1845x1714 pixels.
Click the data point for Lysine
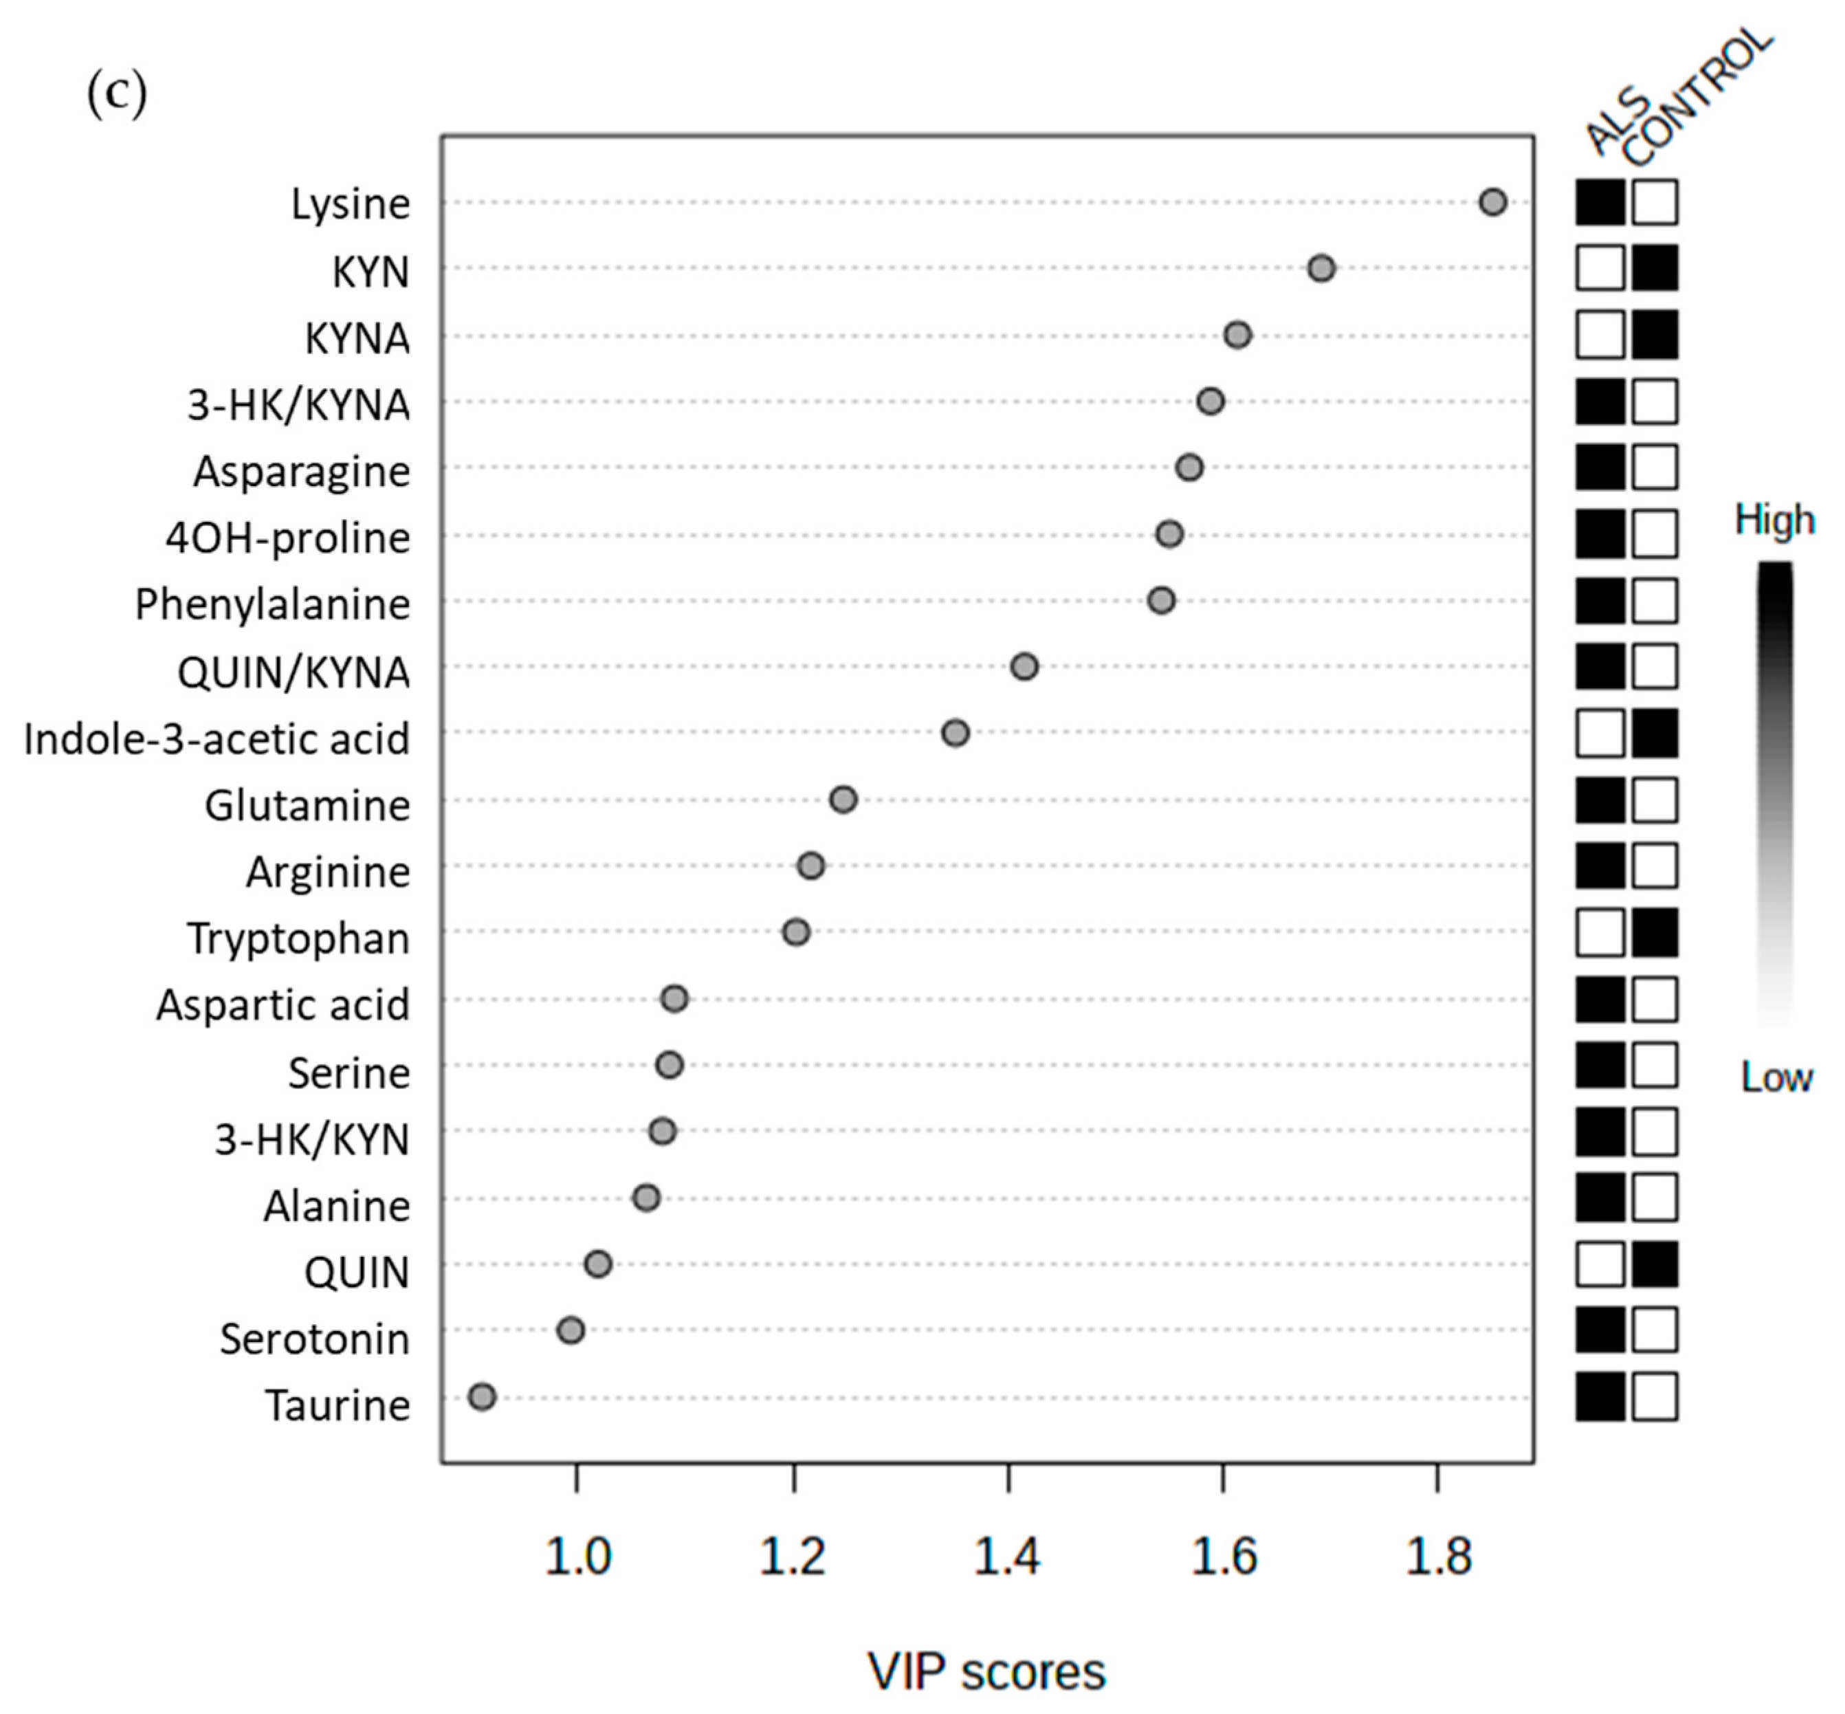pyautogui.click(x=1492, y=202)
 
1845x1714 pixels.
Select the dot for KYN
pyautogui.click(x=1321, y=269)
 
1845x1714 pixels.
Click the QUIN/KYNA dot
pyautogui.click(x=1024, y=667)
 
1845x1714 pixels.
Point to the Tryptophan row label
pyautogui.click(x=298, y=938)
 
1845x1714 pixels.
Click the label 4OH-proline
pyautogui.click(x=287, y=538)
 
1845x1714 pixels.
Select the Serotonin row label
pyautogui.click(x=314, y=1339)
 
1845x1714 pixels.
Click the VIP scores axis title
pyautogui.click(x=986, y=1672)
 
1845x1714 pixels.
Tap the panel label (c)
pyautogui.click(x=117, y=93)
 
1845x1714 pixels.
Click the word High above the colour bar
pyautogui.click(x=1774, y=520)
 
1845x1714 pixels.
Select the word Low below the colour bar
pyautogui.click(x=1776, y=1077)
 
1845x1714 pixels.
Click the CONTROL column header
pyautogui.click(x=1699, y=98)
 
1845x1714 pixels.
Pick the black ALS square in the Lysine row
pyautogui.click(x=1600, y=202)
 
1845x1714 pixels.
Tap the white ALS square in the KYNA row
pyautogui.click(x=1600, y=335)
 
